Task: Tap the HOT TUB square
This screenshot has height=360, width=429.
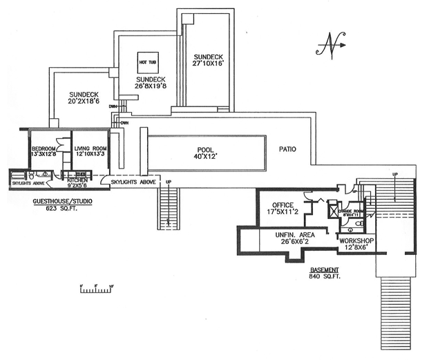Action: point(148,61)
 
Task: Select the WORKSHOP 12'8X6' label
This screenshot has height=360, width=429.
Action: point(356,244)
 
